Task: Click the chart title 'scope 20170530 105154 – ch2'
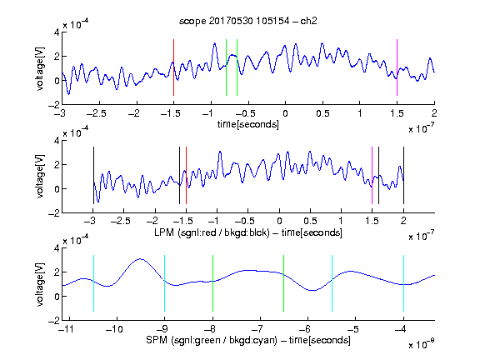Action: coord(248,21)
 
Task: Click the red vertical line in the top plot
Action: coord(173,67)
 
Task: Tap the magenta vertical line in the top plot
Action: coord(397,67)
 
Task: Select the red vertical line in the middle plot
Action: coord(186,175)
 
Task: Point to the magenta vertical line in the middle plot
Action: coord(372,175)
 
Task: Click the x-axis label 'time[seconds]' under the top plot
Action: coord(248,124)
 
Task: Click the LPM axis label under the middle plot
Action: coord(248,232)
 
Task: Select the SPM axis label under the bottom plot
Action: coord(248,340)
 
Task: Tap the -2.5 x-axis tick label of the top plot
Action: coord(97,113)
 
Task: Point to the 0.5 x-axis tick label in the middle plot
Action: coord(310,221)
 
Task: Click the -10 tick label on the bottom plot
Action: coord(114,329)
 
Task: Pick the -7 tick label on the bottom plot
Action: coord(257,329)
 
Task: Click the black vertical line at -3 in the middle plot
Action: coord(93,175)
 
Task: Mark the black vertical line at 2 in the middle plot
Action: coord(403,175)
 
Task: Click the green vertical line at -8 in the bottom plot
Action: coord(212,283)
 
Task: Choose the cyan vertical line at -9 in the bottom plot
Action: coord(165,283)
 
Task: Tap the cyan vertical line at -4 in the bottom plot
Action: coord(403,283)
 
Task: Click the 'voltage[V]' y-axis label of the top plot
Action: coord(40,68)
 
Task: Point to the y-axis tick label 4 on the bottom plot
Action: coord(57,248)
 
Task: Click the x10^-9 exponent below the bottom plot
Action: coord(421,344)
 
